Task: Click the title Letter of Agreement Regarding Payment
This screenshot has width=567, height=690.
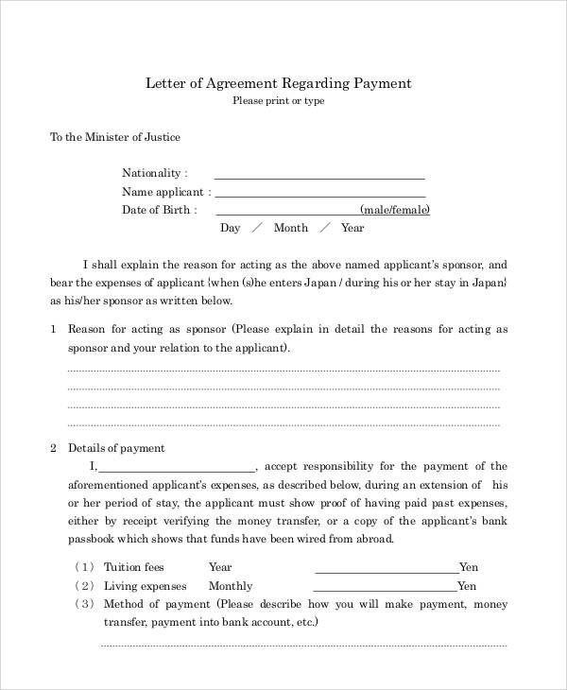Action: [x=278, y=83]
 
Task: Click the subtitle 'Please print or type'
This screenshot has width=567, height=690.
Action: [x=278, y=101]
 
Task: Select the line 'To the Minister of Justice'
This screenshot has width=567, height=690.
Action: [x=114, y=137]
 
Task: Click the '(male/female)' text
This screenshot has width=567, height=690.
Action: [x=395, y=210]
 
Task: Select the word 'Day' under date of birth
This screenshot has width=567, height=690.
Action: [x=231, y=228]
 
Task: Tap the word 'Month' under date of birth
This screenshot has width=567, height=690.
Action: [x=291, y=228]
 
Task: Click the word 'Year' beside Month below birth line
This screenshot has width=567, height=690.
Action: [x=352, y=228]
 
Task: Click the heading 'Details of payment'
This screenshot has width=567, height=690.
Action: [x=114, y=448]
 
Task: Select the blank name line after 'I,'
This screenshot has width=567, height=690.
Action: [x=176, y=469]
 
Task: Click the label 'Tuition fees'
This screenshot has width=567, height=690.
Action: [x=133, y=567]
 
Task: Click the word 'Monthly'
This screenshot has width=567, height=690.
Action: [x=232, y=586]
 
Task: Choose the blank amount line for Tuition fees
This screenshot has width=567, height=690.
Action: [x=386, y=571]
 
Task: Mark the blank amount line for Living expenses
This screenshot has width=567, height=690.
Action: [x=386, y=590]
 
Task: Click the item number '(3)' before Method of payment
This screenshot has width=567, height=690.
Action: [x=84, y=604]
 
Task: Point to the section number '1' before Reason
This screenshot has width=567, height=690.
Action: [x=53, y=330]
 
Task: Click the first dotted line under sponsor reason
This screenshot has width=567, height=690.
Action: [x=283, y=371]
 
